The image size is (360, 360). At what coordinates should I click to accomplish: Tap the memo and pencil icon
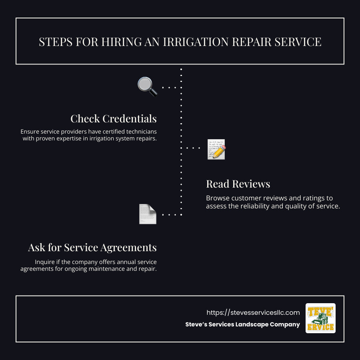[216, 149]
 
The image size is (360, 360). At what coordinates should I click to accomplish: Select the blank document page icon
[147, 214]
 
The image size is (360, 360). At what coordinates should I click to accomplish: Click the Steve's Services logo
[320, 318]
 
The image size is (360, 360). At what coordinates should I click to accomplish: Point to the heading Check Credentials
[113, 119]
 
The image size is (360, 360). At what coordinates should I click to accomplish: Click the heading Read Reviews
[238, 184]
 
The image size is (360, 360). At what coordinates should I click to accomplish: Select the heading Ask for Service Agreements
[92, 248]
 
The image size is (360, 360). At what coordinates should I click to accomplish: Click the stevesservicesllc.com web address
[253, 312]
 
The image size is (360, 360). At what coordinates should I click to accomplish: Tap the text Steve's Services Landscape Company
[242, 324]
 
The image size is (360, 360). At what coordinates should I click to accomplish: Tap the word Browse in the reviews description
[217, 198]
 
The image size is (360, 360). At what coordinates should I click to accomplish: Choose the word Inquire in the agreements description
[45, 262]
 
